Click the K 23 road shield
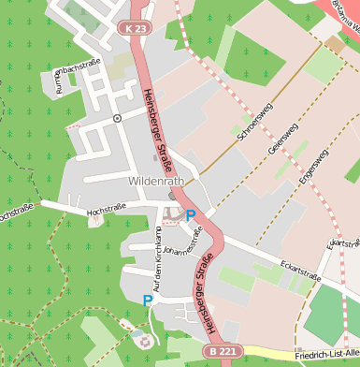tap(135, 30)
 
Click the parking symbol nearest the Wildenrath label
tap(191, 215)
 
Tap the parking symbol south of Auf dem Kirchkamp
tap(147, 300)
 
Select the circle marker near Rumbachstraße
tap(117, 118)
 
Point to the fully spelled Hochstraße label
tap(106, 213)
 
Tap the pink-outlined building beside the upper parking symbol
tap(172, 215)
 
